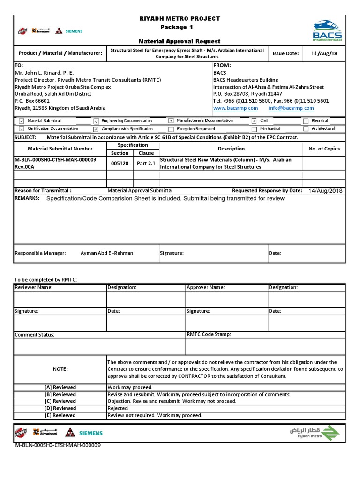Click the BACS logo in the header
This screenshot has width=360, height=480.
[x=328, y=31]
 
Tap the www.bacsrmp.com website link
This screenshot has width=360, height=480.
[x=235, y=108]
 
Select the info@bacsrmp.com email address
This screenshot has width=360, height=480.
[x=291, y=108]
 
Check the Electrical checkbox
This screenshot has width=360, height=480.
[x=306, y=121]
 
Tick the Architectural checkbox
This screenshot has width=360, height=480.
[x=306, y=129]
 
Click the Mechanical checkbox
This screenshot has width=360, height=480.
[x=254, y=129]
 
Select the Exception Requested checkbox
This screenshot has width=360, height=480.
[x=171, y=129]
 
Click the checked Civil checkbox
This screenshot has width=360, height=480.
[x=254, y=121]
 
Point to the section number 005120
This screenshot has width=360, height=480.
[x=120, y=163]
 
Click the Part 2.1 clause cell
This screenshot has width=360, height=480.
[x=146, y=163]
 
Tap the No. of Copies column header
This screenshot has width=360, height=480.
[x=324, y=149]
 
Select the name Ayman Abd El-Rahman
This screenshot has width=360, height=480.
[x=107, y=253]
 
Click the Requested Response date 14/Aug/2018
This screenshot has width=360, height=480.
[x=325, y=191]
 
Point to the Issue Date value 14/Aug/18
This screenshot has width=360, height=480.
[x=324, y=53]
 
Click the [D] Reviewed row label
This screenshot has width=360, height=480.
[x=60, y=408]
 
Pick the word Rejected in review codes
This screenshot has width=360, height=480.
[x=117, y=408]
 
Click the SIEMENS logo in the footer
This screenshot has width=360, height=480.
[x=90, y=433]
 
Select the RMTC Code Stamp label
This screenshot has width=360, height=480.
[x=209, y=335]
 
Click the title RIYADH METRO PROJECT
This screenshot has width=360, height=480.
[x=180, y=19]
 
